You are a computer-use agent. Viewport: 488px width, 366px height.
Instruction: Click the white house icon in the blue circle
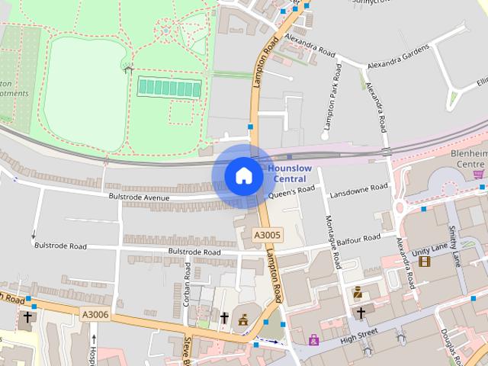click(x=243, y=175)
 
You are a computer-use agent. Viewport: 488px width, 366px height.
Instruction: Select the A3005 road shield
click(x=268, y=236)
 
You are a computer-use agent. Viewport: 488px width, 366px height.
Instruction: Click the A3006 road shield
click(x=95, y=313)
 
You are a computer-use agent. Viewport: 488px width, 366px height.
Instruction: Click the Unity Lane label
click(x=431, y=249)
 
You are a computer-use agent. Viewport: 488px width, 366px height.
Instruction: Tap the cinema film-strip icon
click(x=424, y=261)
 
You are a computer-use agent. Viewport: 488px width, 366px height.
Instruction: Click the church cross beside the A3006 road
click(x=27, y=316)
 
